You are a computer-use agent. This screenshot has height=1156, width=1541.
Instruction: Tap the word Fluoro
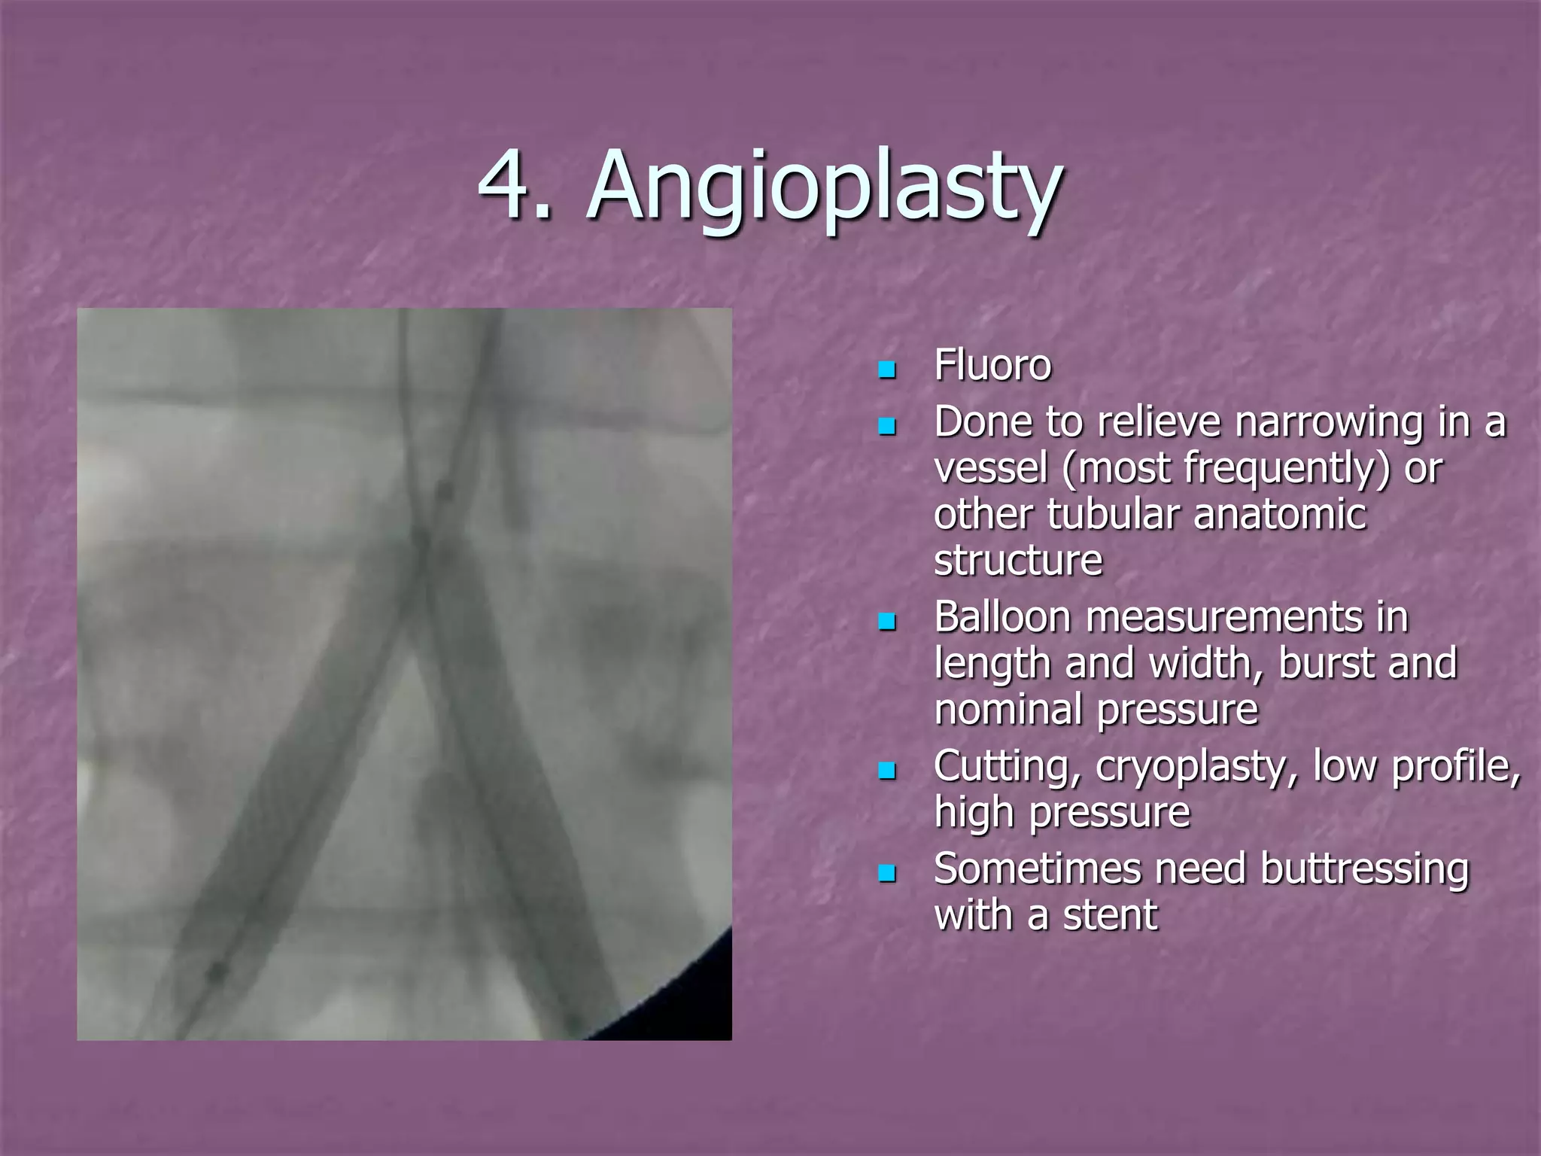[x=992, y=366]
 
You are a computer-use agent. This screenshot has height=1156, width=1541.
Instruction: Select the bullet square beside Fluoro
[x=888, y=370]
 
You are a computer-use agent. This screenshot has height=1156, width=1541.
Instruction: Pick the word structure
[x=1017, y=561]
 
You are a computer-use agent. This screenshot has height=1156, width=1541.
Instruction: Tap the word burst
[x=1326, y=663]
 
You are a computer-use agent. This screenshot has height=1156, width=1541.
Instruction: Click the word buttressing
[x=1363, y=869]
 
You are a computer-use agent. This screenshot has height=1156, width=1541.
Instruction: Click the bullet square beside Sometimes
[x=888, y=873]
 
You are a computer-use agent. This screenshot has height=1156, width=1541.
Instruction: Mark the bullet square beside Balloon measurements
[x=888, y=622]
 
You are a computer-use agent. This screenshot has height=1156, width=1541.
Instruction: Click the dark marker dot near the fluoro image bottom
[x=217, y=972]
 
